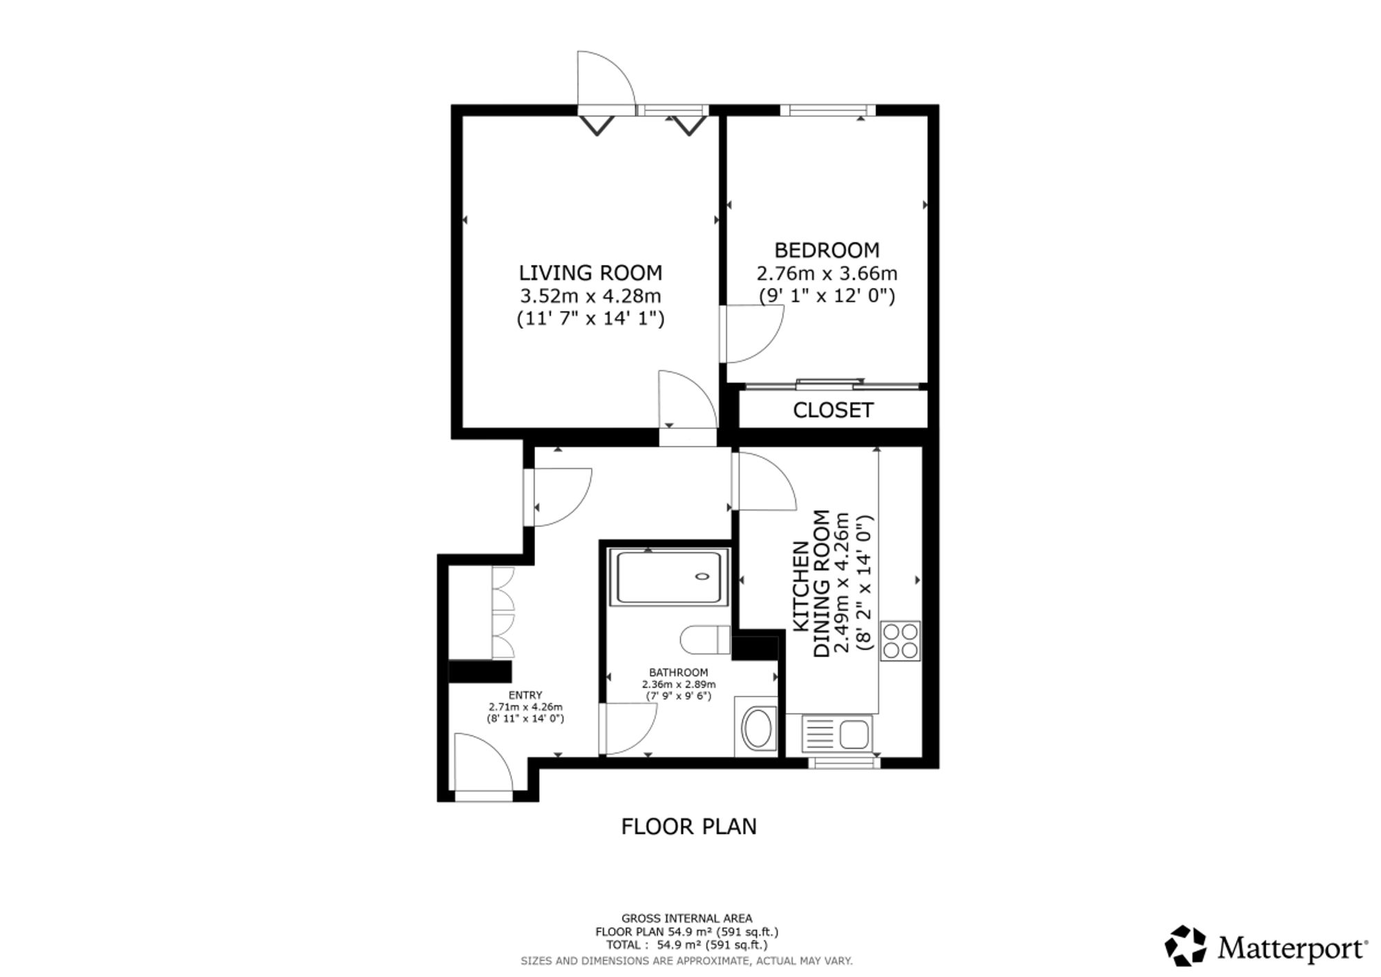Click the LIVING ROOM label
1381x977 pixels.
[x=590, y=273]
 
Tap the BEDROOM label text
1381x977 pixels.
[x=827, y=250]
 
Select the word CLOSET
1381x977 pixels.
[x=833, y=410]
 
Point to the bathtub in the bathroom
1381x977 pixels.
[x=668, y=577]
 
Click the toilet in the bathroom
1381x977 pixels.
[x=705, y=639]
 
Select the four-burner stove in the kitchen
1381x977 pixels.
[x=900, y=641]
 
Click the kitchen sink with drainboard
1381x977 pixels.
[x=836, y=733]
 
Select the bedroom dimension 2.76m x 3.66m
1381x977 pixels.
[x=827, y=273]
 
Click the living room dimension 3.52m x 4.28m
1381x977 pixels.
[x=590, y=296]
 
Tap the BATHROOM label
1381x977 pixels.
[x=678, y=673]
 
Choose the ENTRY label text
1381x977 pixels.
[x=525, y=695]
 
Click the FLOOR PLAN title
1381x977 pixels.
[x=689, y=826]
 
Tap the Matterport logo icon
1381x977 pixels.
[x=1185, y=945]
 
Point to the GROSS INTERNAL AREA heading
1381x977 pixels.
[x=687, y=918]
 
